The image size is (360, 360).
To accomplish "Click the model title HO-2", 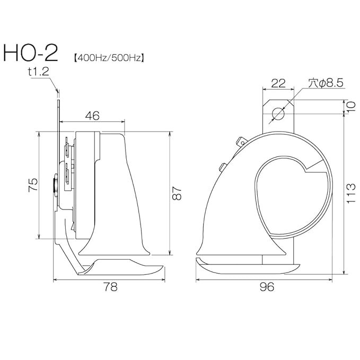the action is coord(30,53).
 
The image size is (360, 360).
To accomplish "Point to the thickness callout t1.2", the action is coord(38,72).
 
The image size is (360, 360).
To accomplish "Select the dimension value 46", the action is coord(92,116).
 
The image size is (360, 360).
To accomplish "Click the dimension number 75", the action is coord(33,185).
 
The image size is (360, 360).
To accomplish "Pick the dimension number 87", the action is coord(177,194).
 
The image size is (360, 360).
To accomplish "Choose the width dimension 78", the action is coord(110,287).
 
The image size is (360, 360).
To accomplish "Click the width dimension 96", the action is coord(267,287).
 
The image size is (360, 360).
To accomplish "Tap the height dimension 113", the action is coord(351,193).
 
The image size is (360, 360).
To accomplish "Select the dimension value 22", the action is coord(278,83).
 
